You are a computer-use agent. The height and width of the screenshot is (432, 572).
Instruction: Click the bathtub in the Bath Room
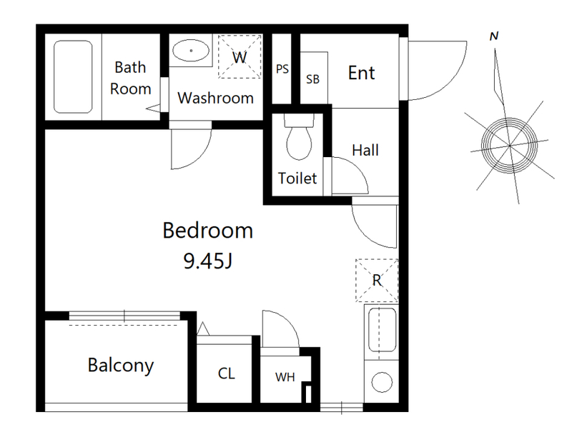(73, 76)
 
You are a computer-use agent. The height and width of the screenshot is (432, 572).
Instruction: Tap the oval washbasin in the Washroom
(191, 50)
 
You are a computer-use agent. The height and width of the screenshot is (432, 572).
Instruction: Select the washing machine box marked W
(240, 56)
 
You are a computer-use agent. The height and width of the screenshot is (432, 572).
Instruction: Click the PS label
(282, 69)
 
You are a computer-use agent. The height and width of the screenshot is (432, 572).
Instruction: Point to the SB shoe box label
(312, 79)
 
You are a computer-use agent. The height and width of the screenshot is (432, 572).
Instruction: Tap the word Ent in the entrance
(361, 73)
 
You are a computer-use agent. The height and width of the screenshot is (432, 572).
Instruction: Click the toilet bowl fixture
(299, 137)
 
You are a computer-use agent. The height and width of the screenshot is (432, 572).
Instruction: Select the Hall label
(365, 150)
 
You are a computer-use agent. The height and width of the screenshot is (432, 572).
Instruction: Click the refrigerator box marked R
(377, 280)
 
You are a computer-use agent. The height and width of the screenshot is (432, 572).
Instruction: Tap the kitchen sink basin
(382, 330)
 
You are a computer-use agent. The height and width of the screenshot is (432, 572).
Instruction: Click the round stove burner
(382, 382)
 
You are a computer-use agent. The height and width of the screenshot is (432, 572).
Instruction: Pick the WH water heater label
(285, 377)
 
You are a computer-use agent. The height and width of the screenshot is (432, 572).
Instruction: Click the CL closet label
(226, 373)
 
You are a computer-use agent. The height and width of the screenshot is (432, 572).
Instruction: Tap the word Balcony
(121, 366)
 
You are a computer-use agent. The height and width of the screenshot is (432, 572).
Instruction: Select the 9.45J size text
(207, 261)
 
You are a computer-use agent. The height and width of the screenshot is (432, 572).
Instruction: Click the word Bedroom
(207, 230)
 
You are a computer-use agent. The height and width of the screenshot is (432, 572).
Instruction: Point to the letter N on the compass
(494, 36)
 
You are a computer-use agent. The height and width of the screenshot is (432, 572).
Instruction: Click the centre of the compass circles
(509, 146)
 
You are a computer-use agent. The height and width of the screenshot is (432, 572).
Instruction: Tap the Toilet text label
(297, 178)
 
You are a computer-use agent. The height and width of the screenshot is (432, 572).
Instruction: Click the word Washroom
(215, 98)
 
